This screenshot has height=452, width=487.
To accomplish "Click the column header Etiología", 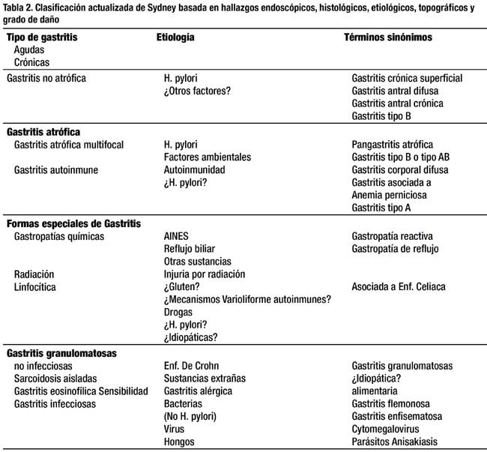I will point(175,37).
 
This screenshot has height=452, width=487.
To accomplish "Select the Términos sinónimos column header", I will point(387,37).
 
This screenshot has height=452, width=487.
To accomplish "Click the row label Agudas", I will point(29,49).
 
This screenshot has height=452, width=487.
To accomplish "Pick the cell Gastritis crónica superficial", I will point(407,77).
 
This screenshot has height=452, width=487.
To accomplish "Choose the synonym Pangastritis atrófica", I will point(393,144).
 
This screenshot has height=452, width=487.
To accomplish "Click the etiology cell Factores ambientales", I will point(208,157).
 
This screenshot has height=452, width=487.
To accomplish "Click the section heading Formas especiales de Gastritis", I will point(73,223).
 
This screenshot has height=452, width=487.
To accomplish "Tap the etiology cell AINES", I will point(177,236).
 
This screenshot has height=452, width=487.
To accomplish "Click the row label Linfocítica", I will point(35,286).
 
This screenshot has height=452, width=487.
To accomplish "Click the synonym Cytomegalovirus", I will point(394,430).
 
